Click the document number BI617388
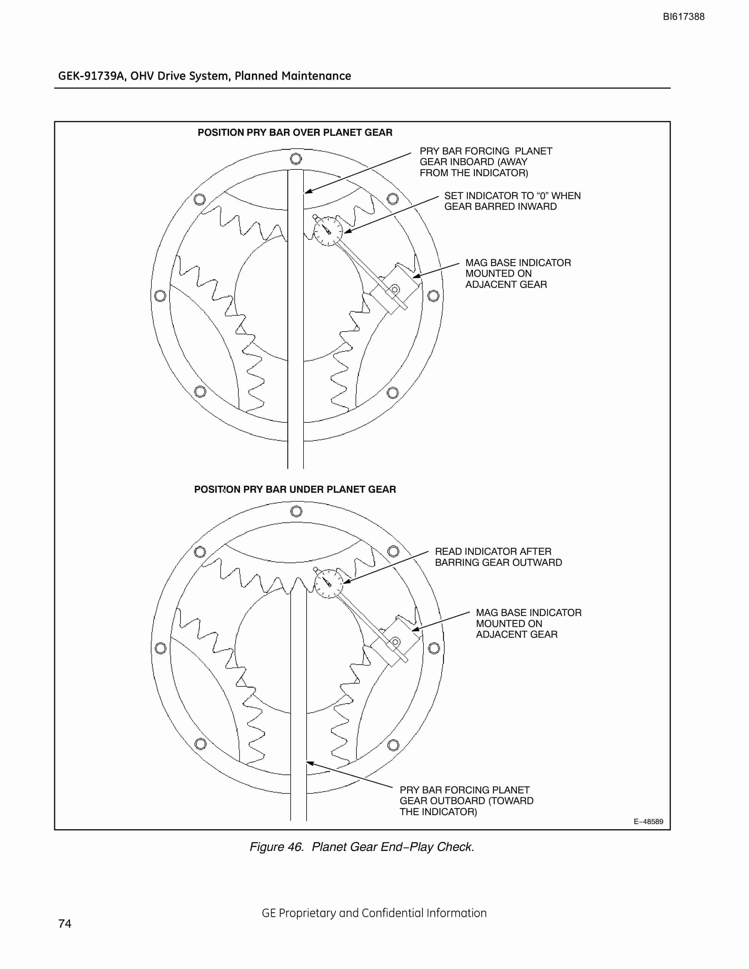683,17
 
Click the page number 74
65,923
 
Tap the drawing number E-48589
648,821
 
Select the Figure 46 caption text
362,847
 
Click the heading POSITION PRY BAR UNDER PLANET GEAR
295,489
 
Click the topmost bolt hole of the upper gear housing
296,158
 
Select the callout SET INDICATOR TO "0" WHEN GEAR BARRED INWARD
512,201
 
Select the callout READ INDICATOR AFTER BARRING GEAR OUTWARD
498,557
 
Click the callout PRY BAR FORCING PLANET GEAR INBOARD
486,162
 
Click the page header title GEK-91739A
205,76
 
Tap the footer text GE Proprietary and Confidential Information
374,913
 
